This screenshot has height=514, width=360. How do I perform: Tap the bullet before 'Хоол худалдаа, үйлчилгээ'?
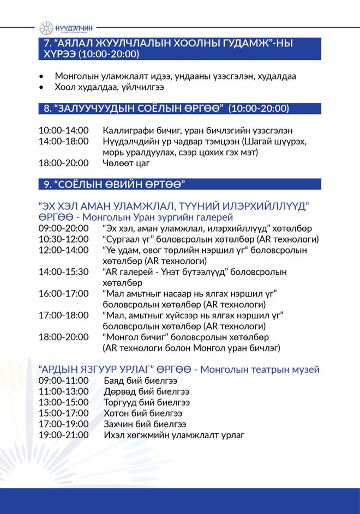point(42,87)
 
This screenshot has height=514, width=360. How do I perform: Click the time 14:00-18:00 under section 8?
point(63,142)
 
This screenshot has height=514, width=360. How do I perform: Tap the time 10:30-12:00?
point(63,239)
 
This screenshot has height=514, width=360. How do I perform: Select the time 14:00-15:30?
point(63,271)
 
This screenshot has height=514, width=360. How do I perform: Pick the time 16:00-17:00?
point(63,293)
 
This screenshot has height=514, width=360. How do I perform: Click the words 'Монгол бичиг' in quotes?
point(131,337)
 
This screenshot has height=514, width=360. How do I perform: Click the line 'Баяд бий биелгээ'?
point(140,380)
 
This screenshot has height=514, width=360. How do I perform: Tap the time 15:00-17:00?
point(63,413)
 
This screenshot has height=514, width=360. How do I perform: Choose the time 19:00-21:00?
point(63,435)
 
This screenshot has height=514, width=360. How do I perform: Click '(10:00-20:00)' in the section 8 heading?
point(259,109)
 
